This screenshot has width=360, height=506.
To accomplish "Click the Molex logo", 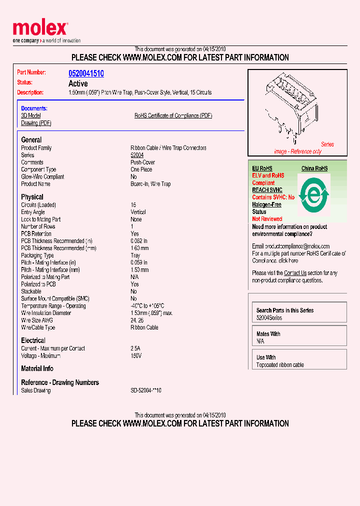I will pyautogui.click(x=40, y=29).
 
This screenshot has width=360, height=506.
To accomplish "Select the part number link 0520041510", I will pyautogui.click(x=86, y=73).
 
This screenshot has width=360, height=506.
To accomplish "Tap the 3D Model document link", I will pyautogui.click(x=31, y=115).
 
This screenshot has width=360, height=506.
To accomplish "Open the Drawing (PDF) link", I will pyautogui.click(x=36, y=123).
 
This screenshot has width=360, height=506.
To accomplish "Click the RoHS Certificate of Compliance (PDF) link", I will pyautogui.click(x=173, y=115).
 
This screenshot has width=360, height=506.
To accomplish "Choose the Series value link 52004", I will pyautogui.click(x=137, y=155).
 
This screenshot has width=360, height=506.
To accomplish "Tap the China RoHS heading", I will pyautogui.click(x=314, y=168).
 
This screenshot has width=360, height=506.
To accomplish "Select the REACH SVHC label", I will pyautogui.click(x=267, y=190).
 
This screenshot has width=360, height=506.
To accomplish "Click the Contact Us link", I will pyautogui.click(x=295, y=273).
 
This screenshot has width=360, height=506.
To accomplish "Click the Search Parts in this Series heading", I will pyautogui.click(x=285, y=310).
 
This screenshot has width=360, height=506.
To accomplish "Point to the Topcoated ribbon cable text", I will pyautogui.click(x=280, y=365).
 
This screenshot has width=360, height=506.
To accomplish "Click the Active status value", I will pyautogui.click(x=78, y=83).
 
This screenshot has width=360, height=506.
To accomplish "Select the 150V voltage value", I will pyautogui.click(x=136, y=356).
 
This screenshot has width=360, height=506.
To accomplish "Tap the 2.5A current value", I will pyautogui.click(x=135, y=348).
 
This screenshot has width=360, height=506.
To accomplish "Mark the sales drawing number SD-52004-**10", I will pyautogui.click(x=146, y=390).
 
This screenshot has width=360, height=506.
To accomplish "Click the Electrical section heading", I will pyautogui.click(x=33, y=340).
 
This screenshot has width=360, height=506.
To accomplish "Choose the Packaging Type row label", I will pyautogui.click(x=37, y=255).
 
